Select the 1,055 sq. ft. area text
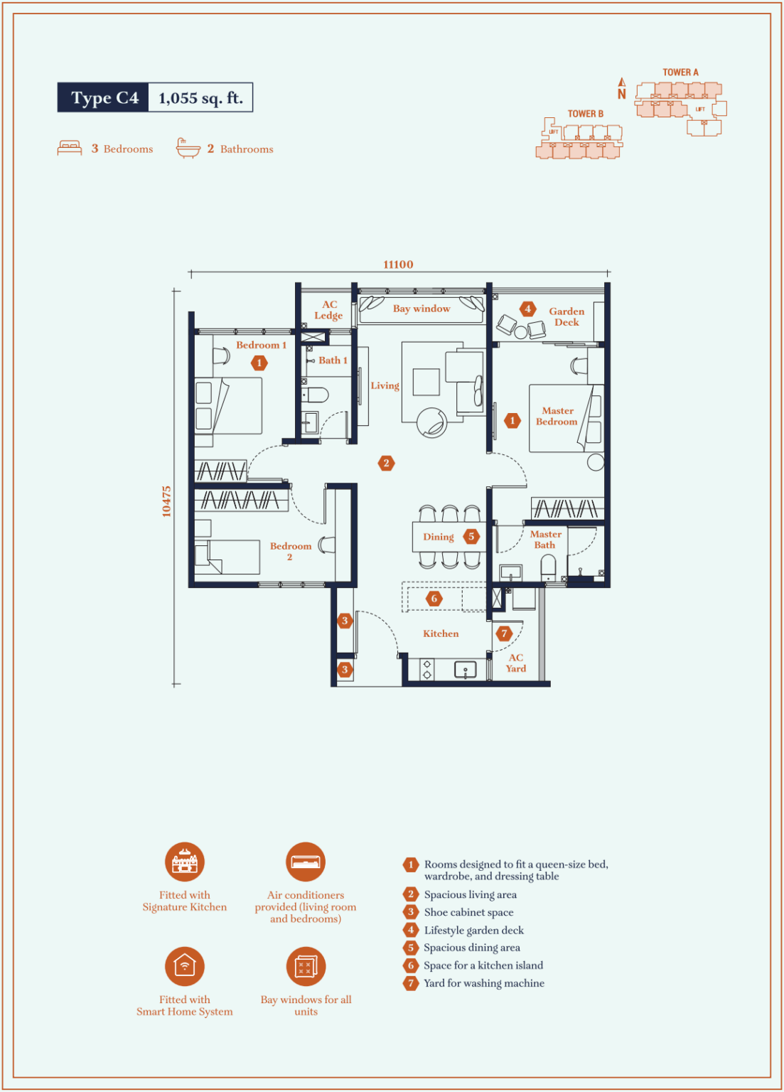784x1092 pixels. [200, 98]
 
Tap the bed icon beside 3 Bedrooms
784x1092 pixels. [70, 148]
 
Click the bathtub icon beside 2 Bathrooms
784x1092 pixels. [188, 148]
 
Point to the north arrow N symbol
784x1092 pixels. [622, 88]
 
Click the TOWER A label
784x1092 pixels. [680, 72]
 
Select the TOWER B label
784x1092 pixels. [585, 114]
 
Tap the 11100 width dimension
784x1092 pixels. [398, 264]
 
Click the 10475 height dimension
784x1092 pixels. [166, 501]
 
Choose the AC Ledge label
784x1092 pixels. [329, 310]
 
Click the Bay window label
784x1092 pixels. [421, 309]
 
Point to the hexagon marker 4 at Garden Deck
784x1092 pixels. [527, 309]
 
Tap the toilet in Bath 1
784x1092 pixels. [315, 395]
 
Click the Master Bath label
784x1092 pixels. [545, 540]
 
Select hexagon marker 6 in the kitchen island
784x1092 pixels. [434, 598]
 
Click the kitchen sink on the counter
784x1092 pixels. [466, 669]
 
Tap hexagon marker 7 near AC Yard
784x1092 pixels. [505, 633]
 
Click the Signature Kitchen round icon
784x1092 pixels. [185, 862]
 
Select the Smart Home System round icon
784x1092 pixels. [185, 966]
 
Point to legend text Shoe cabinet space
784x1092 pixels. [468, 912]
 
